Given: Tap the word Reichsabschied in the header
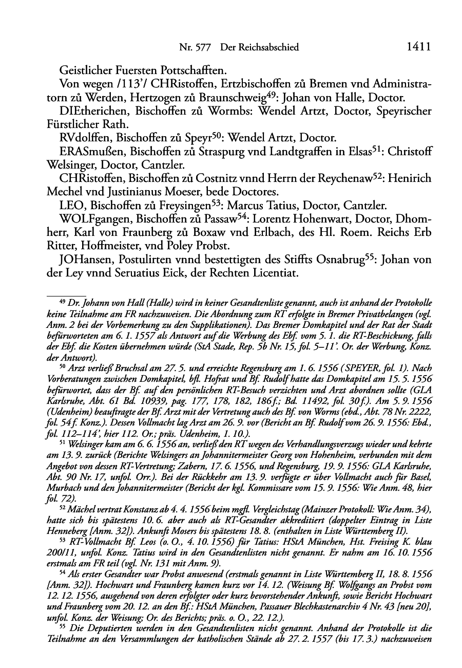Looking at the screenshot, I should coord(271,47).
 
